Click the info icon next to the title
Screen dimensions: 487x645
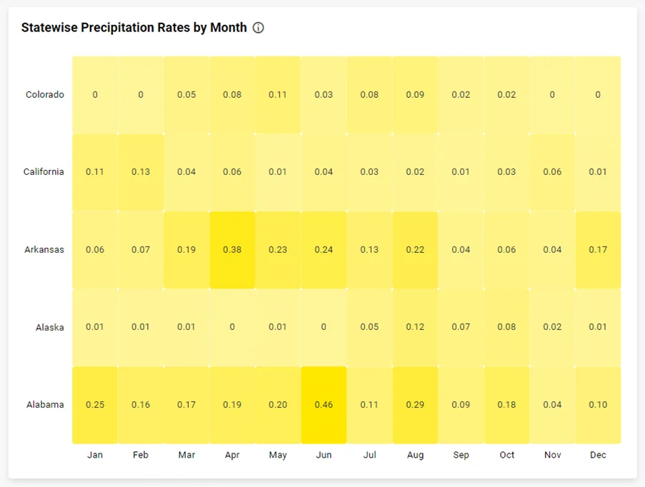coord(259,28)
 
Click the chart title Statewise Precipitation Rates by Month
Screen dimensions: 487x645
coord(134,28)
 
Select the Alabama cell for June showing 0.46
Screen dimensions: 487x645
coord(324,405)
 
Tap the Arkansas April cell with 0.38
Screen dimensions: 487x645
coord(232,250)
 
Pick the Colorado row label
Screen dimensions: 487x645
coord(44,95)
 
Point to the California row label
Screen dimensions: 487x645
coord(43,172)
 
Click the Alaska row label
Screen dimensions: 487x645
coord(49,328)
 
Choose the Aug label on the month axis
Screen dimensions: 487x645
coord(415,455)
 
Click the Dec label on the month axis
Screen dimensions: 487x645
coord(598,455)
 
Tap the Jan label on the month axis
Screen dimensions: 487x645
coord(95,455)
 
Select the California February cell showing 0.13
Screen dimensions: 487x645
coord(141,172)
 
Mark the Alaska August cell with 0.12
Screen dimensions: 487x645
coord(415,327)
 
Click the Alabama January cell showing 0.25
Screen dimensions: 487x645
coord(95,405)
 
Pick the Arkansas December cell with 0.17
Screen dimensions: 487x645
coord(598,250)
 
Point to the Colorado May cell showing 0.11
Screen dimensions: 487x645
coord(278,95)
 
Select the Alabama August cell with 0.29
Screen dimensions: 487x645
coord(415,405)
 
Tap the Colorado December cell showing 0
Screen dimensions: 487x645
coord(598,95)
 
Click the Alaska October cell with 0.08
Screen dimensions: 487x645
coord(506,327)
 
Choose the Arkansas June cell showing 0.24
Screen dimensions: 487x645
coord(324,250)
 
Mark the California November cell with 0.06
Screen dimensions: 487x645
coord(552,172)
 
